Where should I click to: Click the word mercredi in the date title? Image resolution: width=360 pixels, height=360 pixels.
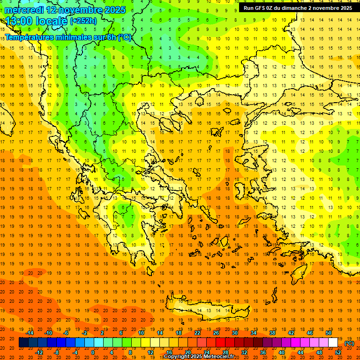pos(25,10)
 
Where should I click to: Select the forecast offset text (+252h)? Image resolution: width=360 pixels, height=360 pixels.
pos(84,21)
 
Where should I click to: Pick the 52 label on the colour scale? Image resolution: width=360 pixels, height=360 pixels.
pos(338,352)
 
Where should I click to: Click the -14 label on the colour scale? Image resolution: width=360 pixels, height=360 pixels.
pos(30,333)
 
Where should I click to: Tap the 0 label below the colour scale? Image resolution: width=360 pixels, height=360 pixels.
pos(92,352)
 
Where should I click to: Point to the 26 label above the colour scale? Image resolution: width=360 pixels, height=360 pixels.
pos(216,333)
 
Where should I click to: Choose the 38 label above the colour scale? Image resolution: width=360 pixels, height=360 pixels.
pos(272,333)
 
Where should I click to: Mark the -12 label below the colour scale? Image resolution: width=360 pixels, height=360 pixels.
pos(39,352)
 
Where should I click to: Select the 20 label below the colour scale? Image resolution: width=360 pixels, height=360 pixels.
pos(187,352)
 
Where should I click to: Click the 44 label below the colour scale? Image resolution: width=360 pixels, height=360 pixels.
pos(300,352)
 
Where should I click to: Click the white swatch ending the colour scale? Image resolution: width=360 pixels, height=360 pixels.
pos(333,343)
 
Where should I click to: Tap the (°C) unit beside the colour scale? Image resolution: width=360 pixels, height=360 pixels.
pos(349,343)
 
